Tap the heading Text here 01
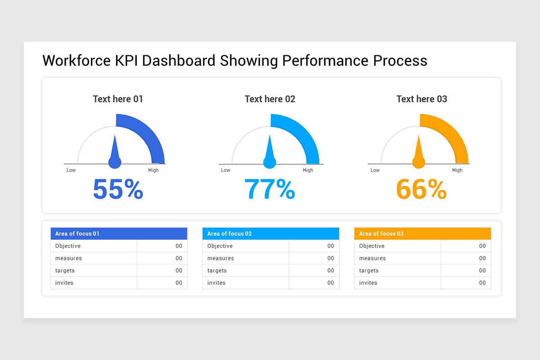118,99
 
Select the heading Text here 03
422,99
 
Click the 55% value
118,189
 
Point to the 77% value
270,189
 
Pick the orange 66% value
421,189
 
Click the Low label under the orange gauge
375,170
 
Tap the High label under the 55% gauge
153,170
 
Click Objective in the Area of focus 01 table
68,246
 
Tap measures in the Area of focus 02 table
220,258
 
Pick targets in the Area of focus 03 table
369,270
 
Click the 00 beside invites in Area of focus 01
179,283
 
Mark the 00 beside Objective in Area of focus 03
482,246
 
